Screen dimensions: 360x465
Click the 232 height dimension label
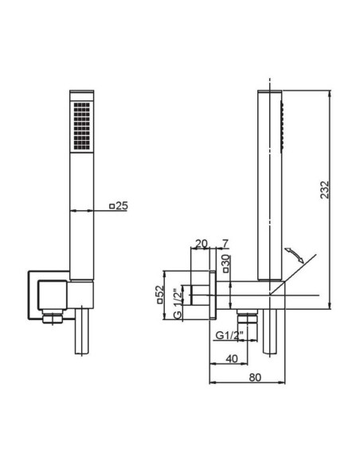(x=325, y=190)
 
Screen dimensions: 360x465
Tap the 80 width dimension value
(x=255, y=377)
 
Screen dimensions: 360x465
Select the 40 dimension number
(x=232, y=359)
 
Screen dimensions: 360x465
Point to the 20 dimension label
(x=202, y=244)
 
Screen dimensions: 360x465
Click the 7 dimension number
(x=225, y=244)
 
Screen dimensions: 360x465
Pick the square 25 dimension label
(x=119, y=205)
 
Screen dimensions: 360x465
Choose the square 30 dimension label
(x=225, y=264)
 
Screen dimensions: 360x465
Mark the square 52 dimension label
(x=160, y=295)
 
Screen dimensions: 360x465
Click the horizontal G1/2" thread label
(x=229, y=335)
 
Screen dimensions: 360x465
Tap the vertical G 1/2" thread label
(x=178, y=303)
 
